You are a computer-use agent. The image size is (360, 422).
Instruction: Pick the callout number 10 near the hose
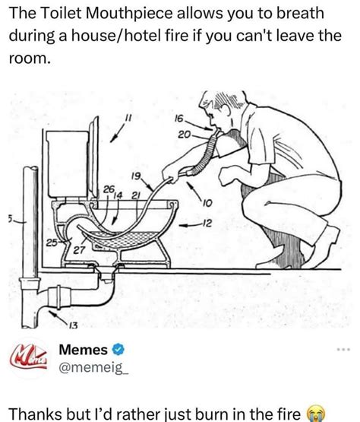(207, 202)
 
